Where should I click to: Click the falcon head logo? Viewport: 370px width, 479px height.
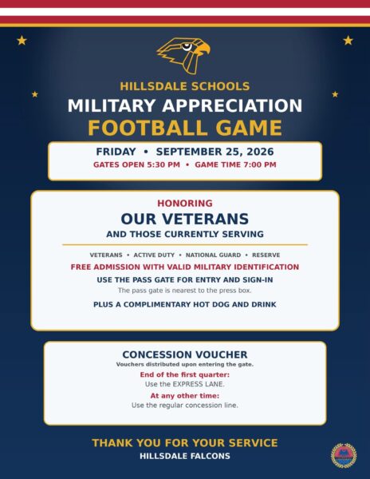[x=184, y=55]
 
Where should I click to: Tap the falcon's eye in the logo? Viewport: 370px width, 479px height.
[x=187, y=47]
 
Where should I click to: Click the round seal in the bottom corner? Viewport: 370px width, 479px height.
[x=344, y=456]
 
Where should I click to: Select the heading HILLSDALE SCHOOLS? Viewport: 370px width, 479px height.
[x=185, y=86]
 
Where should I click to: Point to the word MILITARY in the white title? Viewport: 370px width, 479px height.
[x=112, y=105]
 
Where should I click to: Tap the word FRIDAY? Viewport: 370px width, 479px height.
[x=116, y=152]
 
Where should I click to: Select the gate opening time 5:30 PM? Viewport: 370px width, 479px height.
[x=163, y=165]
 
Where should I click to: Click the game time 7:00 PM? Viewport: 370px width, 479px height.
[x=260, y=165]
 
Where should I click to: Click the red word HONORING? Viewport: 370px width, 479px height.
[x=185, y=204]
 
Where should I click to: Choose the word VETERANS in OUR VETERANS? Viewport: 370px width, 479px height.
[x=205, y=219]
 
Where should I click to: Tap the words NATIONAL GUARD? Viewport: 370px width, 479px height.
[x=213, y=255]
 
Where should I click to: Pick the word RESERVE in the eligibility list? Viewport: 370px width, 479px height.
[x=266, y=255]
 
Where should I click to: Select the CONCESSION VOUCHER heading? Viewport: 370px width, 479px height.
[x=185, y=354]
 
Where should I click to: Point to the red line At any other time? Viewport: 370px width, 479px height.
[x=185, y=396]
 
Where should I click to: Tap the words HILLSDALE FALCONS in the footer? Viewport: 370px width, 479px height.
[x=185, y=457]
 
